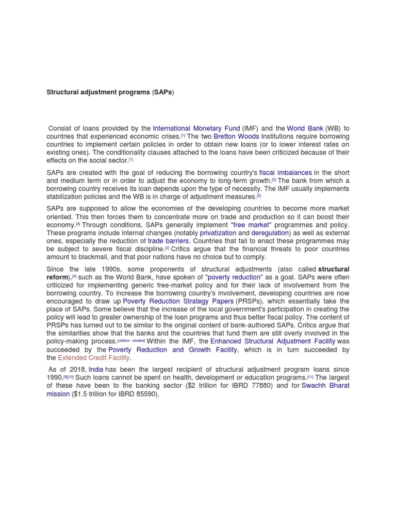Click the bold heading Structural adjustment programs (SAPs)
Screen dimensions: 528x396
coord(110,92)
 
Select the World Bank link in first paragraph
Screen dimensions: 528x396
coord(305,128)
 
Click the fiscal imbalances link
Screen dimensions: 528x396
coord(285,172)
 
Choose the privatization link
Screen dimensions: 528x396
coord(218,233)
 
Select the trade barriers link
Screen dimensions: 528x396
coord(169,241)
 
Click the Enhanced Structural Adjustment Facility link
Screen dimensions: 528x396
coord(273,341)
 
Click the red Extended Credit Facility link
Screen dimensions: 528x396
coord(94,357)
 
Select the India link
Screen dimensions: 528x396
coord(96,370)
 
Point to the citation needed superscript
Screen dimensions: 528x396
coord(131,341)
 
